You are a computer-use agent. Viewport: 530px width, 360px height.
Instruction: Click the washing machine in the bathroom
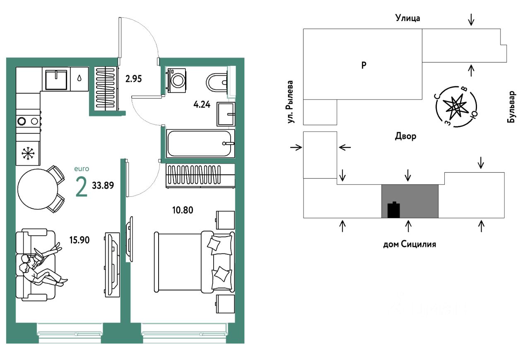point(177,80)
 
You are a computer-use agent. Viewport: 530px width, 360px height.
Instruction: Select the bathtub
point(200,143)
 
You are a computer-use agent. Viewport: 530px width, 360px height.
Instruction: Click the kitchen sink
point(56,79)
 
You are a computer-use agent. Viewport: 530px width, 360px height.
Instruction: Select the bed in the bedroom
point(194,261)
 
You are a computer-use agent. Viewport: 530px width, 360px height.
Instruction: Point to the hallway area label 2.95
point(133,79)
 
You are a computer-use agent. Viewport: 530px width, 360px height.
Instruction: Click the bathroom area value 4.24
point(202,104)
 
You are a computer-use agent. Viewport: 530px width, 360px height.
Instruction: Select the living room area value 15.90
point(79,239)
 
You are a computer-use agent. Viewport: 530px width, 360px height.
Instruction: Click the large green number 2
point(82,186)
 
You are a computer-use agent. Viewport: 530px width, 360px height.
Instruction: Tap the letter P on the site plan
point(364,65)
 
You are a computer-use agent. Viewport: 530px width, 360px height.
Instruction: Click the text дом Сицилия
point(410,244)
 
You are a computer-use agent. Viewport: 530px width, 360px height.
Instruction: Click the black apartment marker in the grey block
point(393,210)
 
